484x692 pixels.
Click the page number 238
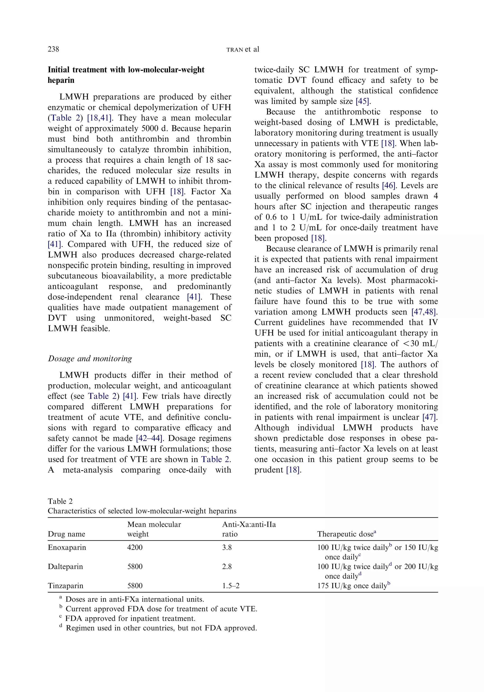click(53, 49)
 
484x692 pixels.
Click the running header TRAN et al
click(242, 49)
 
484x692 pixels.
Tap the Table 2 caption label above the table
click(60, 501)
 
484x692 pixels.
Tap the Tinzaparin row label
click(65, 586)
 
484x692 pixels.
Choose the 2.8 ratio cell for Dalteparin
click(227, 567)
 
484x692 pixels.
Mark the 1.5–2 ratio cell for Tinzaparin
click(231, 586)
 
